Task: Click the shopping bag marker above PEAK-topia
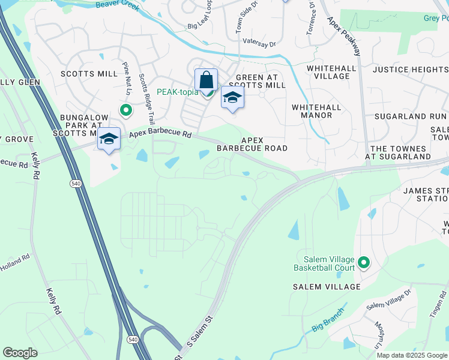[206, 80]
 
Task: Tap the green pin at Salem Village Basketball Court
[363, 262]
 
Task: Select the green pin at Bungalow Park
[125, 110]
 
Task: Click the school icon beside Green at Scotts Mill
[232, 98]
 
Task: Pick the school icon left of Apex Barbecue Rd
[109, 139]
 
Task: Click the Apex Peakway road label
[345, 37]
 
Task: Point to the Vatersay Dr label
[259, 43]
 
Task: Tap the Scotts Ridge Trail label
[146, 100]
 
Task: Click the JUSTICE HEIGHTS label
[410, 70]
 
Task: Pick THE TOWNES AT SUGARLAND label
[400, 152]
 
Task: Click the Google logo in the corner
[20, 353]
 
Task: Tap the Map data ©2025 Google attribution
[412, 355]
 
